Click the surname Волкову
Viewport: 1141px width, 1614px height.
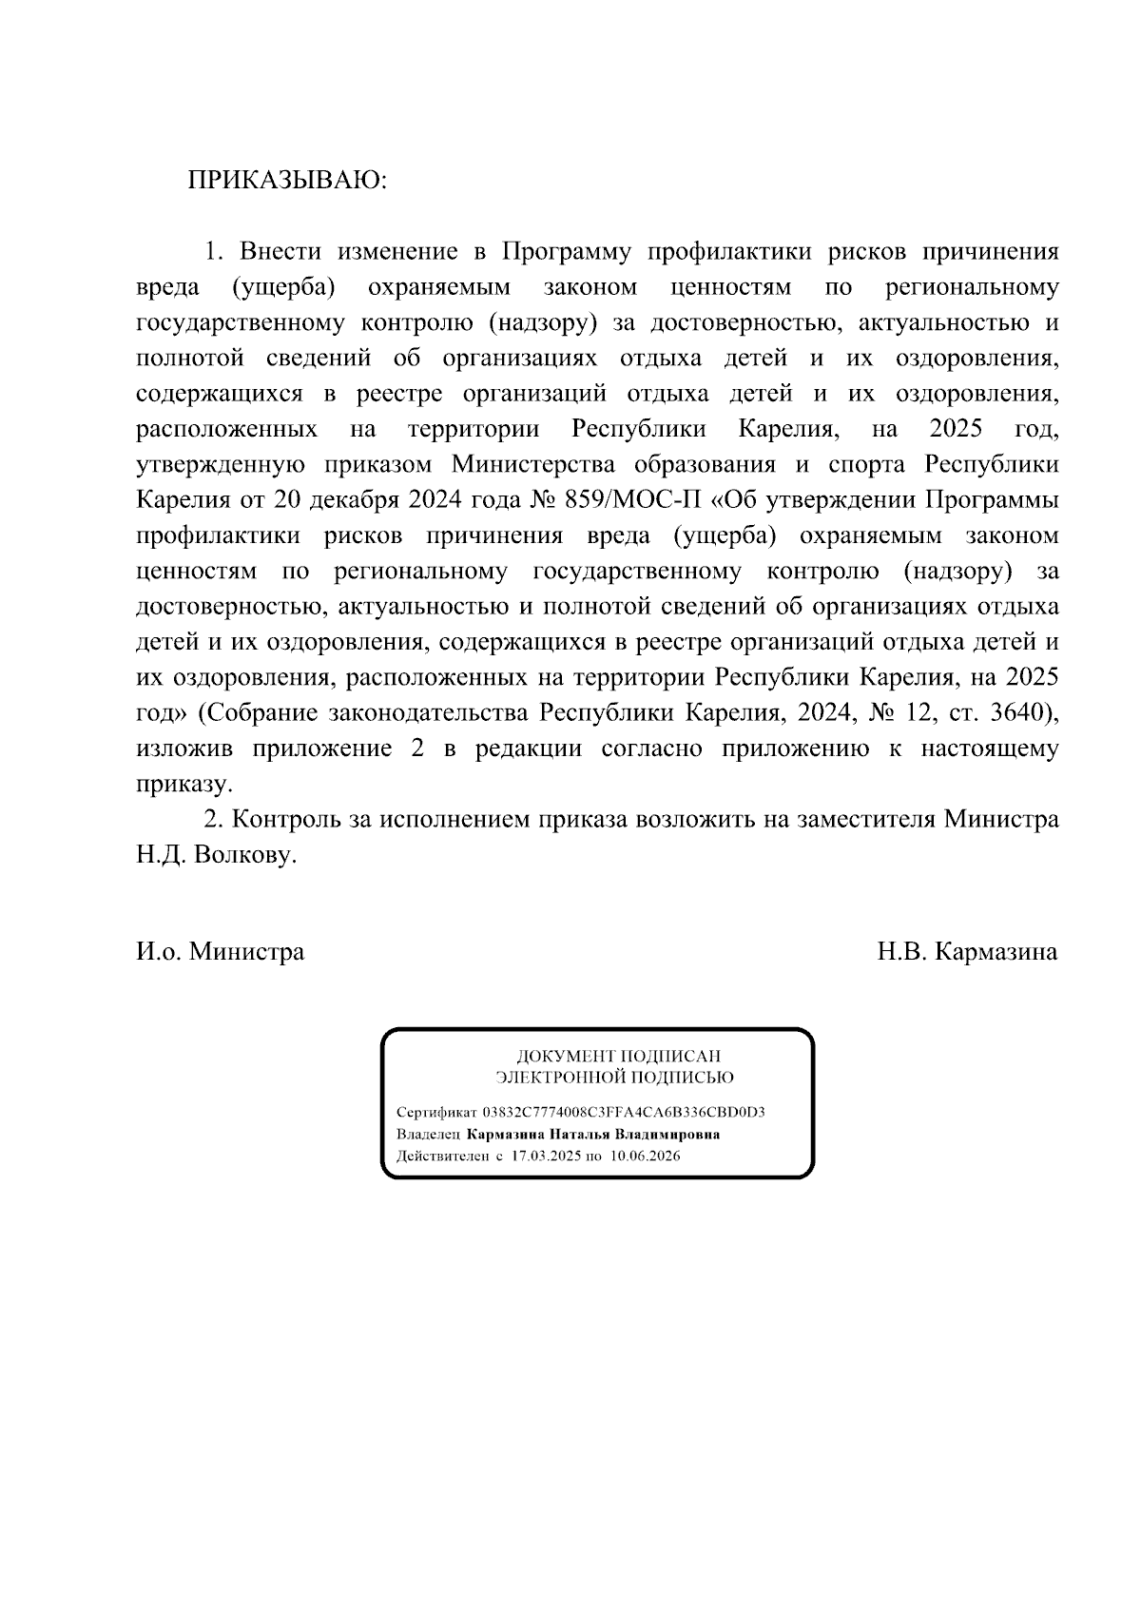245,854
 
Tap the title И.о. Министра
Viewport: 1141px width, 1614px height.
220,951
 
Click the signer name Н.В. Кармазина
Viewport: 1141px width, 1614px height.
967,951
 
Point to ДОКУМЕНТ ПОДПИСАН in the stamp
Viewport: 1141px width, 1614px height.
618,1056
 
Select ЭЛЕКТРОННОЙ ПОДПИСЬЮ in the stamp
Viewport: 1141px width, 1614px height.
614,1078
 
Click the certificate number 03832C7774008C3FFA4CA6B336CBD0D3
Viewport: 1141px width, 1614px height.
624,1112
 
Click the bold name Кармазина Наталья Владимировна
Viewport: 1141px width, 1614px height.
592,1135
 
